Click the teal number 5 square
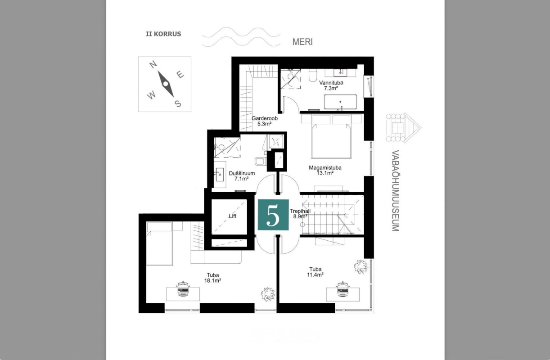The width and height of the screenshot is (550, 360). click(273, 215)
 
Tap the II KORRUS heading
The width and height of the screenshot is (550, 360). click(163, 34)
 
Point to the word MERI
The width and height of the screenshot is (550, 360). click(302, 42)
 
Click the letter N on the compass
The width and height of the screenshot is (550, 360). click(153, 65)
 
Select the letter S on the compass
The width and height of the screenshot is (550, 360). click(178, 104)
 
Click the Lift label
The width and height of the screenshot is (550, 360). click(233, 216)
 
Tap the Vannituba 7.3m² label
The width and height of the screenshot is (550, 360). click(331, 85)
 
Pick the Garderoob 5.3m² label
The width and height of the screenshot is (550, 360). click(265, 121)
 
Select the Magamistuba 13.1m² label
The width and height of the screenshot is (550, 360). click(325, 171)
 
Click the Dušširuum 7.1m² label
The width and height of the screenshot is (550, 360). click(242, 176)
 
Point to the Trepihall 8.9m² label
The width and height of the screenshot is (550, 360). click(300, 214)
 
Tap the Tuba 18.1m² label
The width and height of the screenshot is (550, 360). click(212, 278)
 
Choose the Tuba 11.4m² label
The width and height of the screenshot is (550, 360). click(315, 272)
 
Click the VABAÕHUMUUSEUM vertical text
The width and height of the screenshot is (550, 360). click(395, 190)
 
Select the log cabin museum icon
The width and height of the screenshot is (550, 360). click(403, 128)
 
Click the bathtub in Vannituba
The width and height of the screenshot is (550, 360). click(340, 102)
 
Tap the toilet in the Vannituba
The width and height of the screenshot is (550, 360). click(313, 76)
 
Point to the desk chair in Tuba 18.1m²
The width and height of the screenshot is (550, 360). click(183, 289)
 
